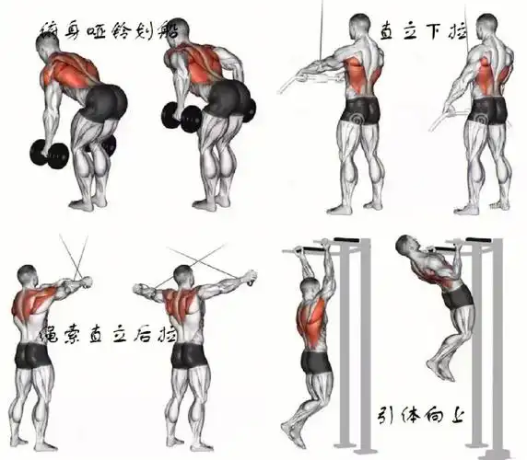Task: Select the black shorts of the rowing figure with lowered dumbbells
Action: coord(104,98)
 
